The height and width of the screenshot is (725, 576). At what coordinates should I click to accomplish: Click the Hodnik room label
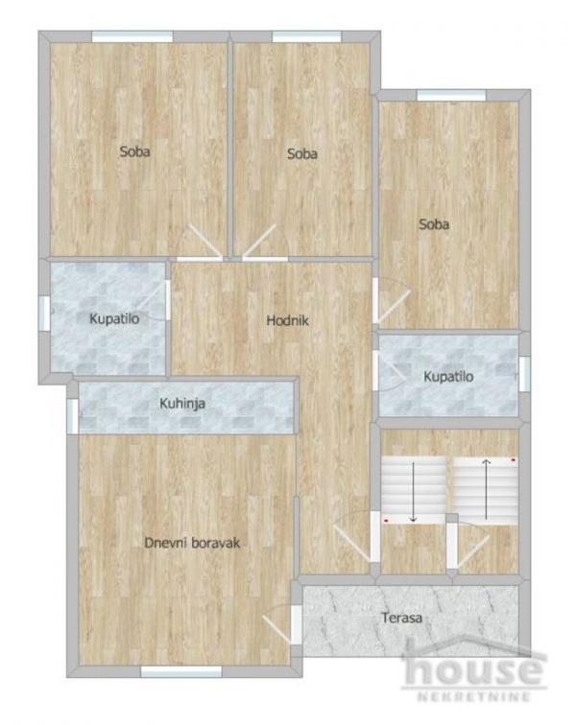287,321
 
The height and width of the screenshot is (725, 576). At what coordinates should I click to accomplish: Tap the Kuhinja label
182,404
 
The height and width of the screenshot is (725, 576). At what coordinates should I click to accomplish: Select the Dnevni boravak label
191,543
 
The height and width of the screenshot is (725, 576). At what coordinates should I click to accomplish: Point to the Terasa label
401,619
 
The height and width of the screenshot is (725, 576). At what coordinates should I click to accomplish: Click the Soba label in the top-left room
135,151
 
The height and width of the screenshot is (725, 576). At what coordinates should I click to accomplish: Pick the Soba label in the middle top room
301,153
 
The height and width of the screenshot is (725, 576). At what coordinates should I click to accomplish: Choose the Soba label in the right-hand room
434,224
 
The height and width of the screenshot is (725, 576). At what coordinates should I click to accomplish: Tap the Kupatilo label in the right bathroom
448,377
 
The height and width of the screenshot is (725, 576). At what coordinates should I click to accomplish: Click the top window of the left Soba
132,36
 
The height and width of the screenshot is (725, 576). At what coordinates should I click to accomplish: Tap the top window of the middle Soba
300,36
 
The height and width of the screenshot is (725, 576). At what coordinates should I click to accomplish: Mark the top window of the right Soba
438,95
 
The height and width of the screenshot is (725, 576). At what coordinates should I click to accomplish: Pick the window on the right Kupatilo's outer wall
524,374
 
